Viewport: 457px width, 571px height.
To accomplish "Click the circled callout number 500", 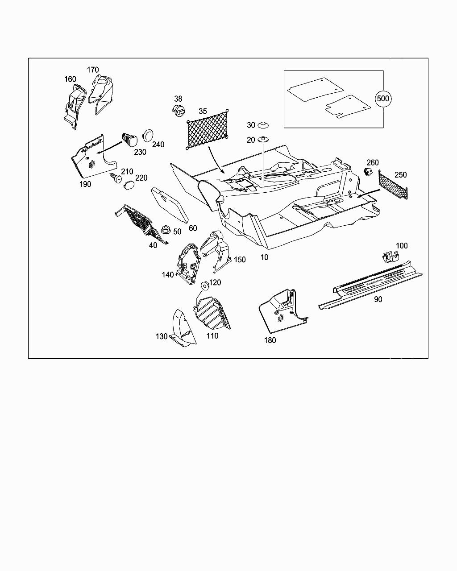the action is pyautogui.click(x=383, y=99).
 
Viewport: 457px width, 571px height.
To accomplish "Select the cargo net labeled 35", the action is pyautogui.click(x=208, y=129).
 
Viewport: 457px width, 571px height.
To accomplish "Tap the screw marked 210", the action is pyautogui.click(x=116, y=178).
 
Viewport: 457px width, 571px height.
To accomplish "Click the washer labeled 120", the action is pyautogui.click(x=204, y=284).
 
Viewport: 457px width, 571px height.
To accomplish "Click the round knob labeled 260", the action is pyautogui.click(x=369, y=172).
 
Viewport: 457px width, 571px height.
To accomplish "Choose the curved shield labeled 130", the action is pyautogui.click(x=183, y=328).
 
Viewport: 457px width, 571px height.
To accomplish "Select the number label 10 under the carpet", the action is pyautogui.click(x=264, y=257).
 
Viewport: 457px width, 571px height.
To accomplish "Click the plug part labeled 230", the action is pyautogui.click(x=130, y=139).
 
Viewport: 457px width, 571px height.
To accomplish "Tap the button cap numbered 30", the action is pyautogui.click(x=265, y=125).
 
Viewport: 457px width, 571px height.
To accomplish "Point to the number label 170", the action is pyautogui.click(x=93, y=70).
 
